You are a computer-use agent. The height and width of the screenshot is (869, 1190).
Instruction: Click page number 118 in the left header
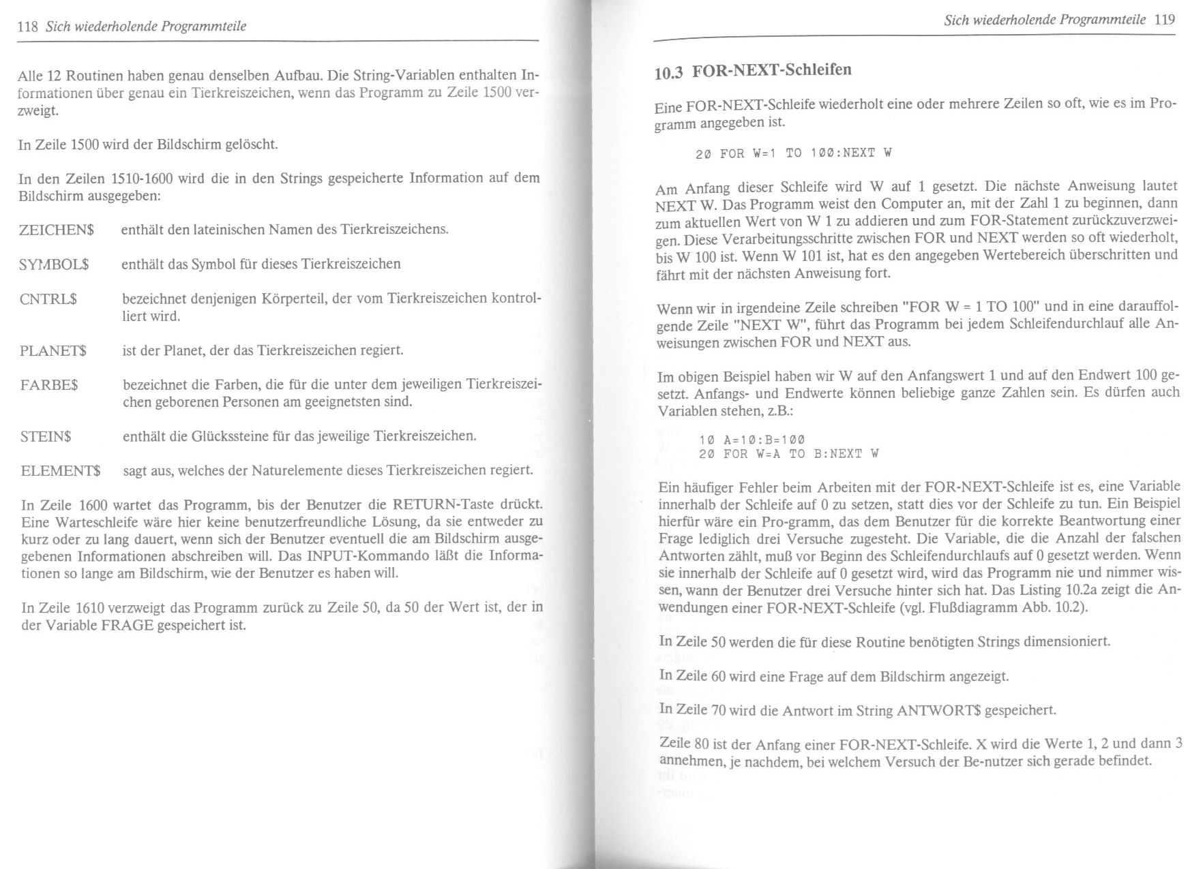[27, 27]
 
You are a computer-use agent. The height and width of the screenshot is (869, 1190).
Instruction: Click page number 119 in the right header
[1165, 19]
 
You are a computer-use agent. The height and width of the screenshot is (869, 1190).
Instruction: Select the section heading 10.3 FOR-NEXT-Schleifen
[753, 71]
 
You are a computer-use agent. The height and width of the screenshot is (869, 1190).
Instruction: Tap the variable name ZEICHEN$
[56, 230]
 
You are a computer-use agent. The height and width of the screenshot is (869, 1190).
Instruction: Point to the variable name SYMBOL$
[55, 264]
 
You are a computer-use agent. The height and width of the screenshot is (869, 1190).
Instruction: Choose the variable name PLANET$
[53, 351]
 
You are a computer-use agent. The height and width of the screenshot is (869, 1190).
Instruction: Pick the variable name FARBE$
[49, 385]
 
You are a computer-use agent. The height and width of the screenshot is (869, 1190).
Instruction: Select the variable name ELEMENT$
[61, 471]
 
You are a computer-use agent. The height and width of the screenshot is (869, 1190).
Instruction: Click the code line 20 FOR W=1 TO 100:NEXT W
[793, 153]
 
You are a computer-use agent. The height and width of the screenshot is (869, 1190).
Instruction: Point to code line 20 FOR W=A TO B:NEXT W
[788, 454]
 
